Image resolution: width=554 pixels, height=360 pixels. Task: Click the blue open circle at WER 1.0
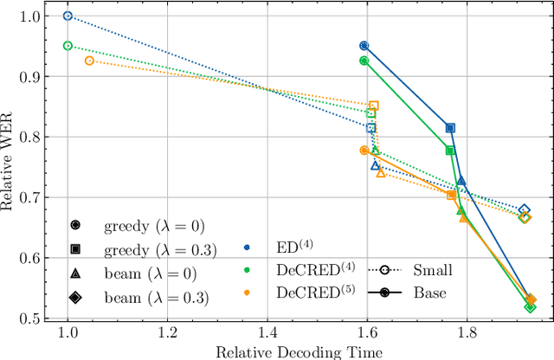[68, 16]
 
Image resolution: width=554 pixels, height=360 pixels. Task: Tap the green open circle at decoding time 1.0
[68, 45]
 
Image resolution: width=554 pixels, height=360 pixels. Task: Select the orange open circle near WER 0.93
[89, 61]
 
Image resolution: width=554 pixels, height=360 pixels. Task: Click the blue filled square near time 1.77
[450, 127]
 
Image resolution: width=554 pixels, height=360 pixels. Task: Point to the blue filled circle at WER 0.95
[364, 45]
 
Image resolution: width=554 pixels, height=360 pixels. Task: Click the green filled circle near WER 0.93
[364, 61]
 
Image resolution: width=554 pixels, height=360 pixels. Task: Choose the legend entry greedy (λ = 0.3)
[151, 249]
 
